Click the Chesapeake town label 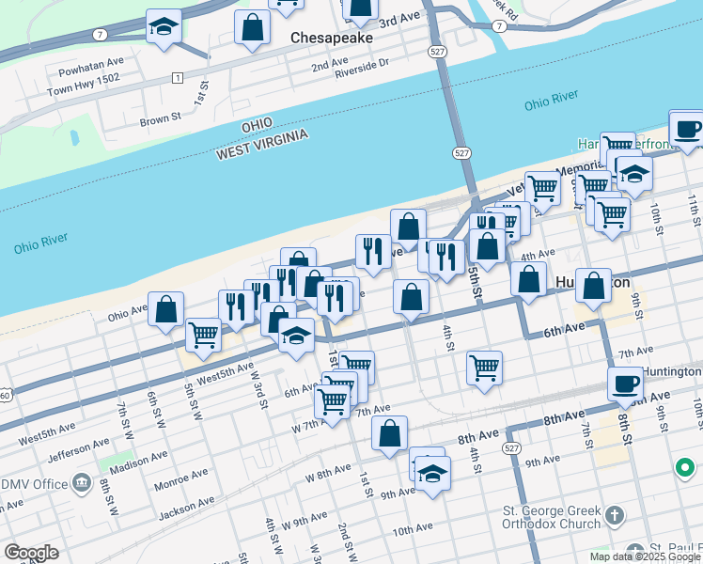[x=332, y=39]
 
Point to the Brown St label [x=160, y=119]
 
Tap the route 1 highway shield [x=177, y=77]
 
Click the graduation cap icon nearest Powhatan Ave [x=164, y=27]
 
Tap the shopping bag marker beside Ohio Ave [x=165, y=310]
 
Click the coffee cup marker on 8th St [x=626, y=384]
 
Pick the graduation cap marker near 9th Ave [x=432, y=474]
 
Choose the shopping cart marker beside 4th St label [x=485, y=368]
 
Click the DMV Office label [x=35, y=484]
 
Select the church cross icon [x=615, y=515]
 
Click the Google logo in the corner [x=31, y=552]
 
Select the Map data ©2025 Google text [x=645, y=556]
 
